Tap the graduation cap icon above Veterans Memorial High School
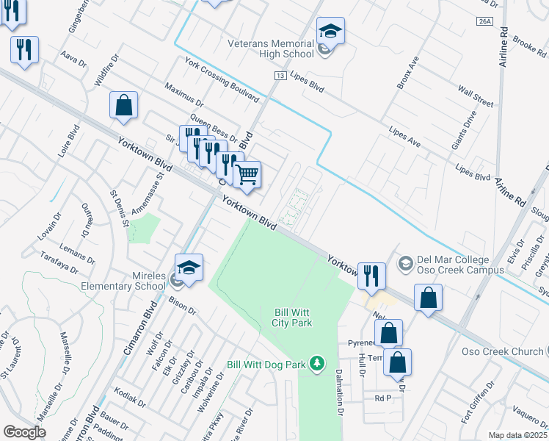coord(330,32)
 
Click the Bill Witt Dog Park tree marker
coord(316,363)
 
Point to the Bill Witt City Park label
coord(294,317)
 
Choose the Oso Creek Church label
coord(502,351)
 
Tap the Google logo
coord(24,431)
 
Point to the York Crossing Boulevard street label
coord(222,80)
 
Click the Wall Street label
coord(476,96)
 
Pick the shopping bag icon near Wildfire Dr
coord(123,105)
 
